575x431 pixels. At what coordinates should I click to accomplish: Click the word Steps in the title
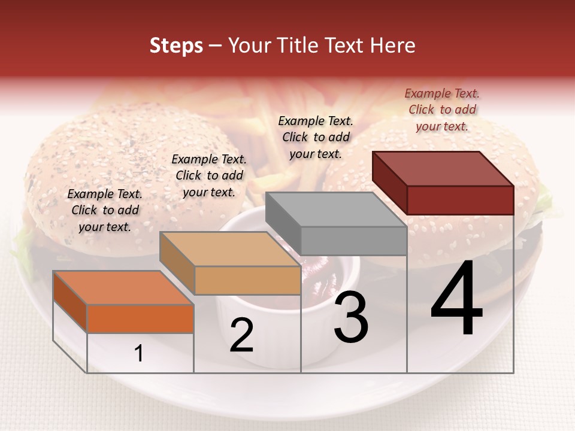click(176, 45)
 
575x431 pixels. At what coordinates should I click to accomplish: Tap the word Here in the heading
click(392, 45)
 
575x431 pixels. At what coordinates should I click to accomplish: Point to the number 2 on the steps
click(241, 335)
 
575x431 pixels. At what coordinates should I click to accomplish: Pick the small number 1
click(139, 353)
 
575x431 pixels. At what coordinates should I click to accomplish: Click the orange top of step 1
click(123, 288)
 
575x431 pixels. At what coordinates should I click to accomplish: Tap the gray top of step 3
click(335, 210)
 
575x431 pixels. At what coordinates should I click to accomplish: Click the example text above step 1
click(105, 210)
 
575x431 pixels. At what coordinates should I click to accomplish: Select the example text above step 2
click(209, 175)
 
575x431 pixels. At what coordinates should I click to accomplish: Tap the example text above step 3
click(316, 137)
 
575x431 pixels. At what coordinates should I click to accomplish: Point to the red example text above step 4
click(442, 110)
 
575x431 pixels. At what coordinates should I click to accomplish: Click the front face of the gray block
click(353, 241)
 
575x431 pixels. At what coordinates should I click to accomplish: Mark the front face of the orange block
click(140, 318)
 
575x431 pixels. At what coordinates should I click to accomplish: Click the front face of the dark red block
click(460, 200)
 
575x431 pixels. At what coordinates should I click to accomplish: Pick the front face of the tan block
click(247, 280)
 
